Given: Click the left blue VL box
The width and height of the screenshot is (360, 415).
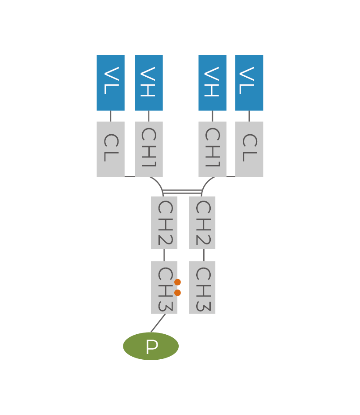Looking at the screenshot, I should pyautogui.click(x=111, y=82).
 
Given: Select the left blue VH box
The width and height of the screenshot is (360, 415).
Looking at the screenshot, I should pyautogui.click(x=149, y=82).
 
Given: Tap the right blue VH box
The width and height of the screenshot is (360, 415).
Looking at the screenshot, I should pyautogui.click(x=212, y=82).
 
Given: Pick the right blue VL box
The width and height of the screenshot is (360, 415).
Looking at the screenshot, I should pyautogui.click(x=249, y=82).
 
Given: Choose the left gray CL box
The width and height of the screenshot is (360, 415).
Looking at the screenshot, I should pyautogui.click(x=111, y=149).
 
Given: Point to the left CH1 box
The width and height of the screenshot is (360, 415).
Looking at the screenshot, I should pyautogui.click(x=149, y=149).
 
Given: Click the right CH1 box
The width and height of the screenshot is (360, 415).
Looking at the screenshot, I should pyautogui.click(x=212, y=149).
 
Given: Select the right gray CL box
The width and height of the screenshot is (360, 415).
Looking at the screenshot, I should pyautogui.click(x=249, y=149).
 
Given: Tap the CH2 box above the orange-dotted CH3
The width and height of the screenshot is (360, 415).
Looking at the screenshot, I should pyautogui.click(x=164, y=222).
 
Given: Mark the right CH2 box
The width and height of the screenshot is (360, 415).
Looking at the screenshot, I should pyautogui.click(x=202, y=222).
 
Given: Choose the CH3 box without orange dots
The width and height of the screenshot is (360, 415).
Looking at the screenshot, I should pyautogui.click(x=202, y=287).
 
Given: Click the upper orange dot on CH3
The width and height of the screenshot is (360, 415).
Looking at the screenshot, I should pyautogui.click(x=178, y=282).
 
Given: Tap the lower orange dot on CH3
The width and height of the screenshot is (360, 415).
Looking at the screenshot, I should pyautogui.click(x=178, y=293).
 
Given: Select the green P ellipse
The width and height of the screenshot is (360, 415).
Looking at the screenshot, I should pyautogui.click(x=151, y=346).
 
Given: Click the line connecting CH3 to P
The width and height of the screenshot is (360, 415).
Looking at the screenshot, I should pyautogui.click(x=158, y=323).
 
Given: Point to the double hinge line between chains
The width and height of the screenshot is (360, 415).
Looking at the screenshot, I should pyautogui.click(x=182, y=192).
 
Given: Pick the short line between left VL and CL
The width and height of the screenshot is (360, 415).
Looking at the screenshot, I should pyautogui.click(x=111, y=116).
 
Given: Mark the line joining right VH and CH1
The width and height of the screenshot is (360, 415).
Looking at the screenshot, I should pyautogui.click(x=212, y=116).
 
